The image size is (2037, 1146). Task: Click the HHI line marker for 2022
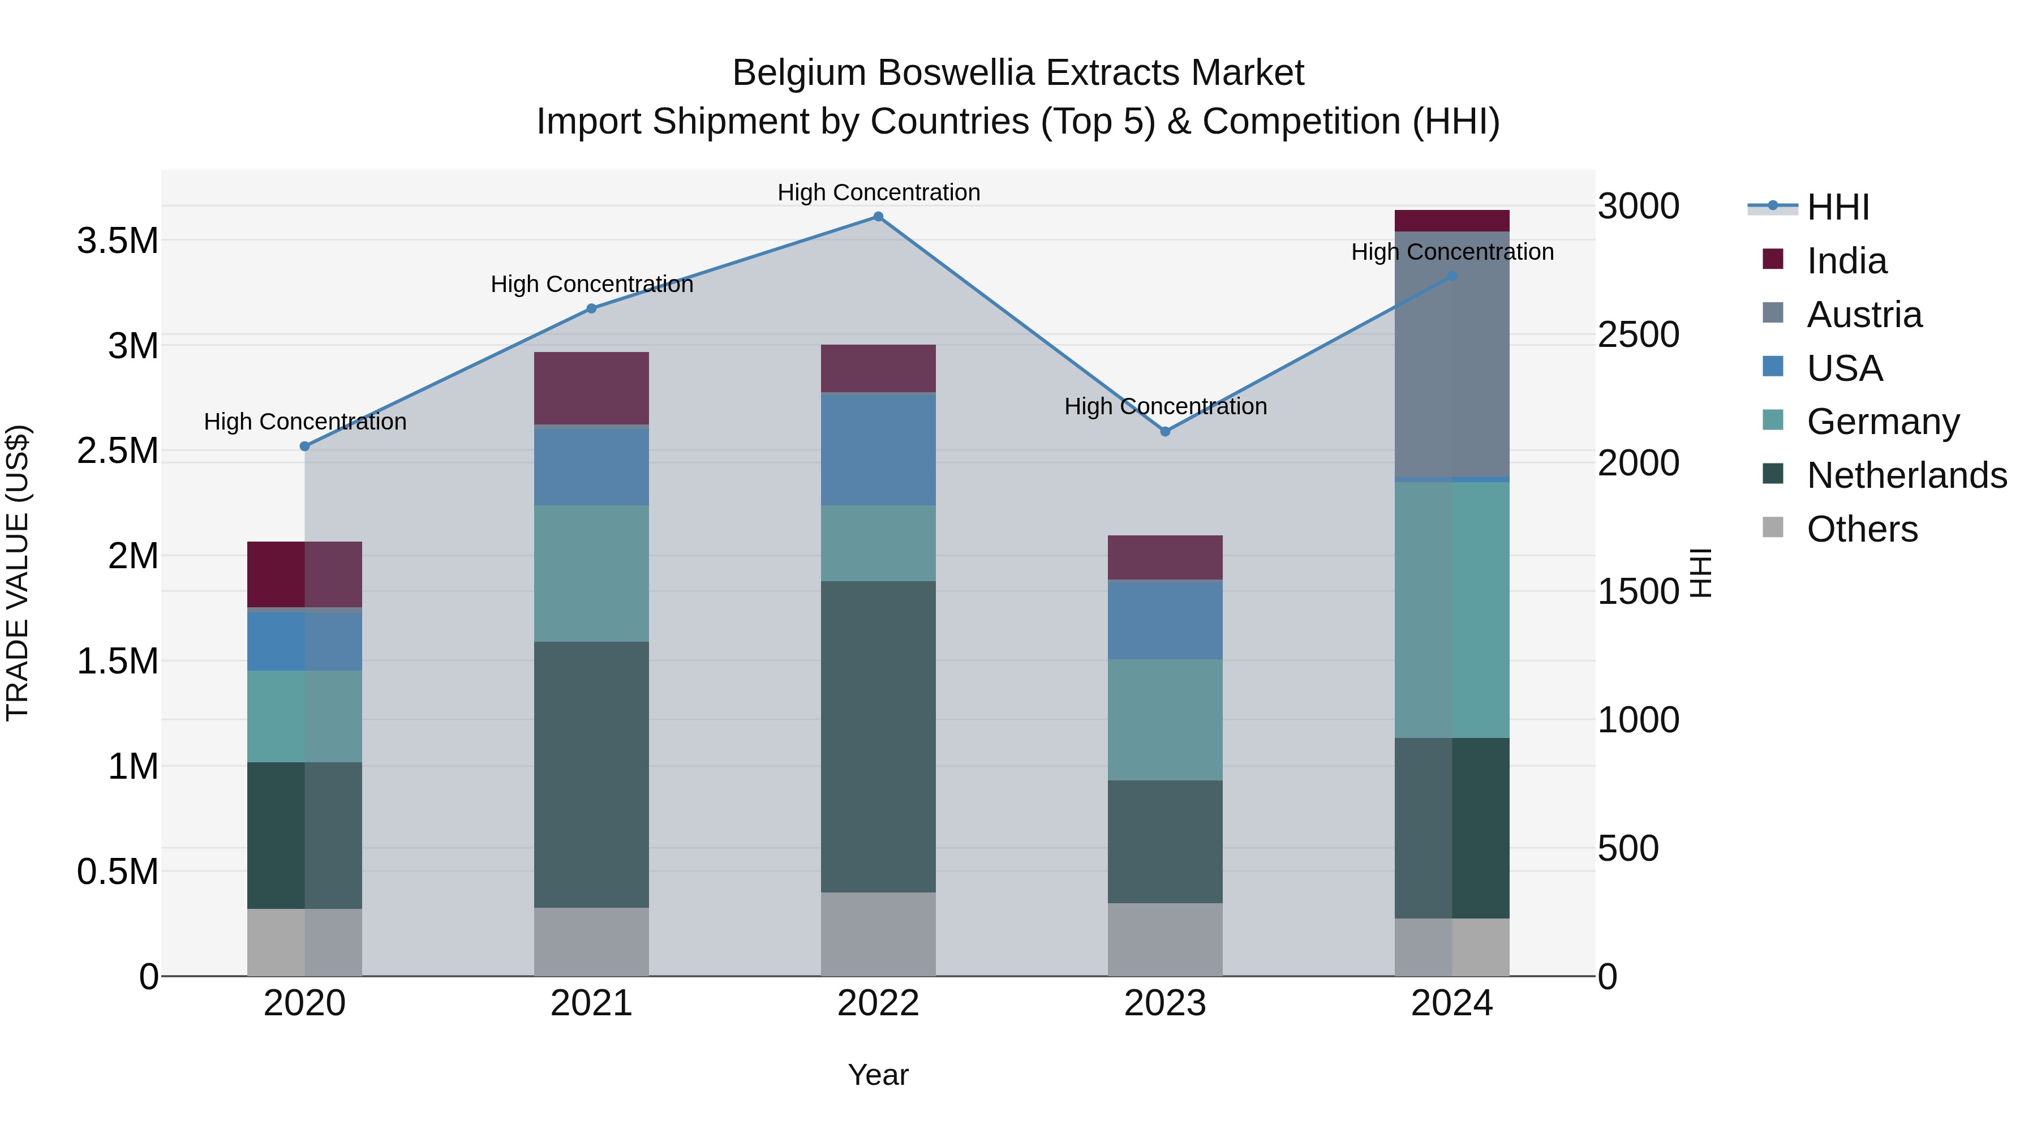878,217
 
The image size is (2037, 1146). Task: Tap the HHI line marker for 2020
304,446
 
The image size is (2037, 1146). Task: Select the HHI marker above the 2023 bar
1165,432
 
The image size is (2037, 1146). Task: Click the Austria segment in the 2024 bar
1452,354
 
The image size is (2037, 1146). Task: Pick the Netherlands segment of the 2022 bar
878,736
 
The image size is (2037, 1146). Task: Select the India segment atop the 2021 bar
591,388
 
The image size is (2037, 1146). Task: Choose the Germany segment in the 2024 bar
1452,610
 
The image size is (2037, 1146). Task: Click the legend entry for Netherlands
1906,475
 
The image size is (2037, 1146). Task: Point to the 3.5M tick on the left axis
118,241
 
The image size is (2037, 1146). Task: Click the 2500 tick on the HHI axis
1639,334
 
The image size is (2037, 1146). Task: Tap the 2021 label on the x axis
591,1003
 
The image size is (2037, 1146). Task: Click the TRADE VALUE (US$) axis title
18,573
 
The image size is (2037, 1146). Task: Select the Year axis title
878,1075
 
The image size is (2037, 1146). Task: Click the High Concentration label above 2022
878,192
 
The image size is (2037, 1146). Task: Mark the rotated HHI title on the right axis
1701,573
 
